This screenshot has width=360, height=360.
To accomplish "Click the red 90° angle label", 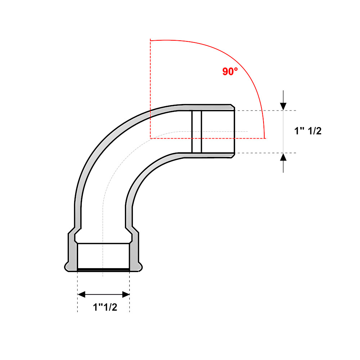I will (x=230, y=72).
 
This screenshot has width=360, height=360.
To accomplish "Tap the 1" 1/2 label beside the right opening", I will (x=308, y=131).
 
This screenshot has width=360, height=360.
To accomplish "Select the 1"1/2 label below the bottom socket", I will (x=105, y=307).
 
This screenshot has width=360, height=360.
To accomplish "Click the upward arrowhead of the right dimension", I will (x=284, y=157).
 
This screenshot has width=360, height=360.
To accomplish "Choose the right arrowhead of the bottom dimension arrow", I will (x=126, y=294).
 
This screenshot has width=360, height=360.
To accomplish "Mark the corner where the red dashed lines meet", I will (x=150, y=138).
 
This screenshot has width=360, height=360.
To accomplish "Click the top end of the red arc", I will (x=151, y=40).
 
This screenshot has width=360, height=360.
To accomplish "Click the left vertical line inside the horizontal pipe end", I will (x=192, y=131).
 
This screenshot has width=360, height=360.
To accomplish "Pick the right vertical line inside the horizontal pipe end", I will (x=201, y=131).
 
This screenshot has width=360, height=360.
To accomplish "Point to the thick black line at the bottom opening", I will (x=103, y=269).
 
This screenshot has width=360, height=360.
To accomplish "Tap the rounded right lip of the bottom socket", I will (x=140, y=267).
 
